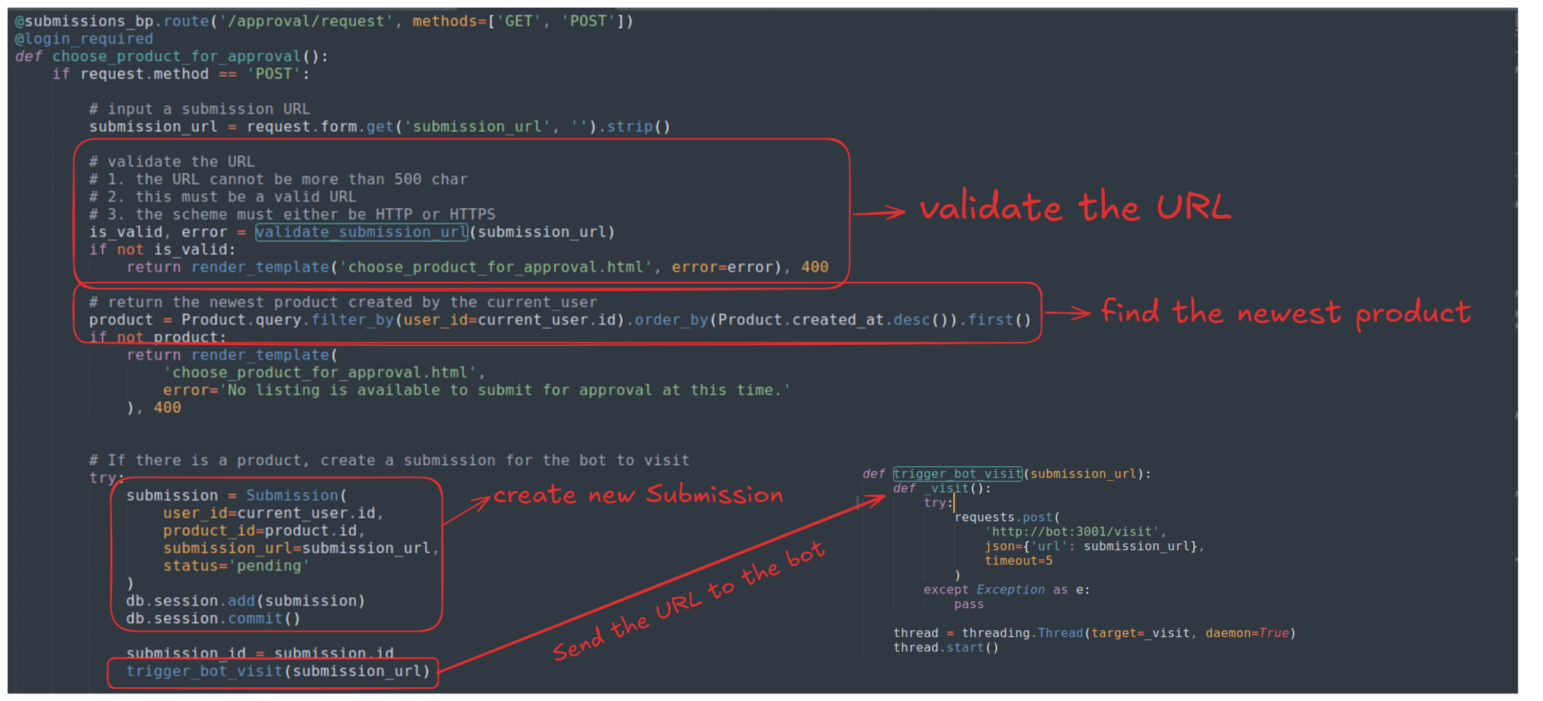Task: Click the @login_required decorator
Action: (x=84, y=39)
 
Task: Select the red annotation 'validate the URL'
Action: (x=1075, y=207)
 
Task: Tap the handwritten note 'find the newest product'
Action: (x=1286, y=312)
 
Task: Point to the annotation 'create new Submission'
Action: (x=639, y=495)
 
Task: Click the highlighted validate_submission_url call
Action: (x=362, y=232)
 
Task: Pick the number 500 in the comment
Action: (x=408, y=179)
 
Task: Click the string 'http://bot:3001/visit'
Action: (x=1074, y=532)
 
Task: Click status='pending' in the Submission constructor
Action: (x=236, y=566)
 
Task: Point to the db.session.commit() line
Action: (x=213, y=619)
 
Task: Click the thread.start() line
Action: (x=946, y=648)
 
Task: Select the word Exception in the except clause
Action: (x=1010, y=590)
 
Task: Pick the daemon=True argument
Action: (x=1247, y=633)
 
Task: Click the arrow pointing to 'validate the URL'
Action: (x=879, y=213)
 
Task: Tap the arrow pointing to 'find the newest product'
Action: (x=1067, y=312)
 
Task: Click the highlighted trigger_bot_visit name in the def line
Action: (x=958, y=474)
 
